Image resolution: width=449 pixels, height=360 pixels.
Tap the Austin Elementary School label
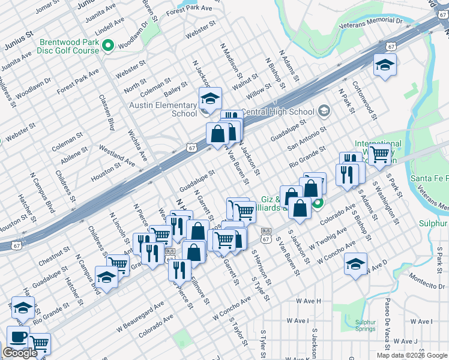(163, 109)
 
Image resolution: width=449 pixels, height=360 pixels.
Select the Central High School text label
(277, 112)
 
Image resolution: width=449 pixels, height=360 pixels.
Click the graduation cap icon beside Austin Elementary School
(211, 98)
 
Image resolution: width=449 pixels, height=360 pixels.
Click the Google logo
(20, 353)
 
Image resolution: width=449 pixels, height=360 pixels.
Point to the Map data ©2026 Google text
(412, 355)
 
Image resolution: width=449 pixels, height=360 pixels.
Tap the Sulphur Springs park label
(364, 325)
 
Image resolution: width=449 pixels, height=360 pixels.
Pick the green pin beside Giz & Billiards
(318, 203)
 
